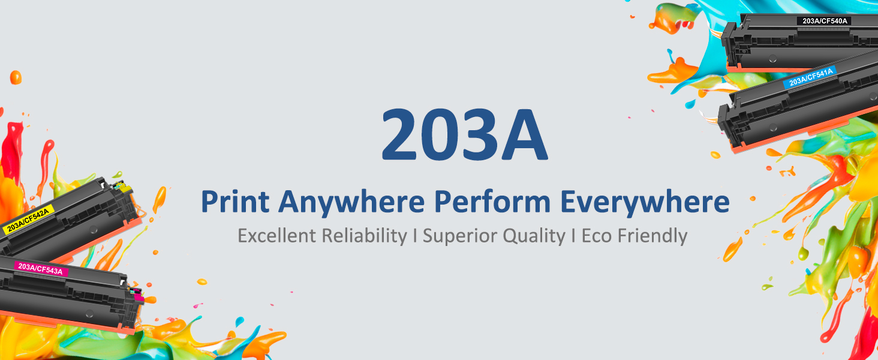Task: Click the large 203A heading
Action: tap(464, 134)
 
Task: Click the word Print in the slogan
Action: tap(234, 202)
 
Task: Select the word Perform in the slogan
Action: tap(492, 202)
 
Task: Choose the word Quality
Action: tap(534, 236)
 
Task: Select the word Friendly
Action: tap(653, 236)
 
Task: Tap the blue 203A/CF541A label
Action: tap(810, 77)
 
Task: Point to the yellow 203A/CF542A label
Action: tap(28, 219)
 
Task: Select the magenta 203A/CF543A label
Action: tap(41, 269)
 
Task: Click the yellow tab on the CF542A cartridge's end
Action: tap(124, 187)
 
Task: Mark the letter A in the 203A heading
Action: tap(524, 134)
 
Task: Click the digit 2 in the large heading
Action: tap(399, 134)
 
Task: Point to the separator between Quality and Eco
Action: tap(573, 236)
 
